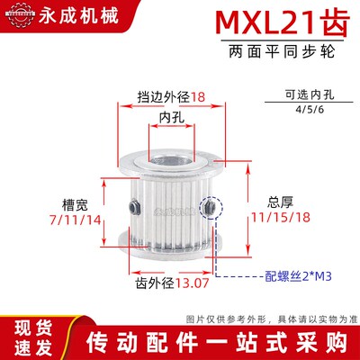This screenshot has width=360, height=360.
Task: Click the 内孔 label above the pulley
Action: pyautogui.click(x=171, y=117)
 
